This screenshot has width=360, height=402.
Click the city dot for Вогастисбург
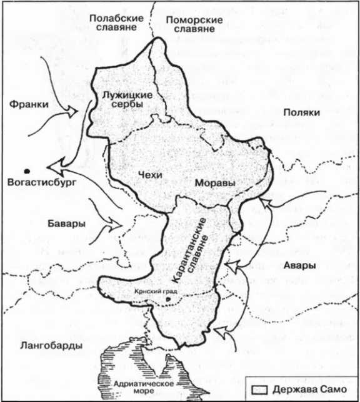pos(26,170)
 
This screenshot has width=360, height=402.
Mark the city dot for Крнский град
pos(168,300)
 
